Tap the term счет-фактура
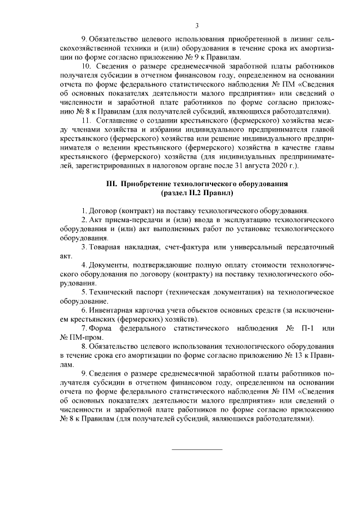[x=190, y=246]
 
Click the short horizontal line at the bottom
[x=197, y=449]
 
